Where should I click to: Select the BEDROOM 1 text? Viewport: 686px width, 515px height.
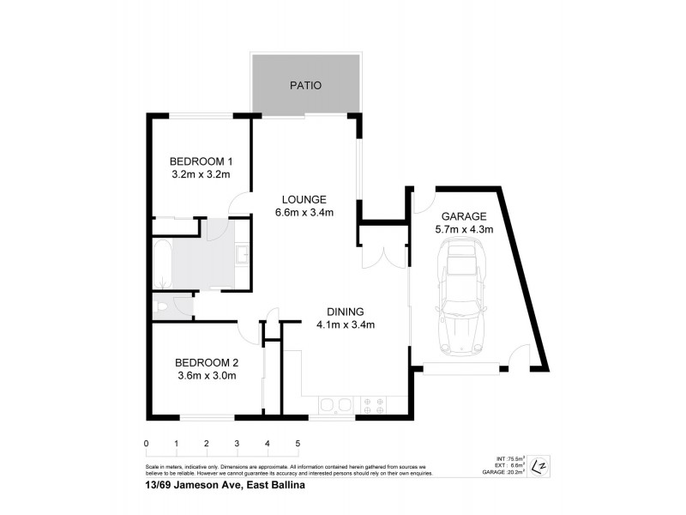(201, 161)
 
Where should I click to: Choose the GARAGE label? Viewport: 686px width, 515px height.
(464, 216)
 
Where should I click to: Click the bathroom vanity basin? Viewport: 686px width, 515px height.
(242, 255)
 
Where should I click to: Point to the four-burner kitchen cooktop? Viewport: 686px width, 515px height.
(373, 405)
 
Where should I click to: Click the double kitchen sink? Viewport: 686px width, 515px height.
(335, 405)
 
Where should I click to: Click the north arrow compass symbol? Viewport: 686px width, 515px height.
(539, 466)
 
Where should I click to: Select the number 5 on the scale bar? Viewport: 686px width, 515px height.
(298, 444)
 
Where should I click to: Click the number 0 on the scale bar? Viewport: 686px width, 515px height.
(147, 444)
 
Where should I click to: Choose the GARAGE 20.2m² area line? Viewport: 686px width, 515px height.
(503, 472)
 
